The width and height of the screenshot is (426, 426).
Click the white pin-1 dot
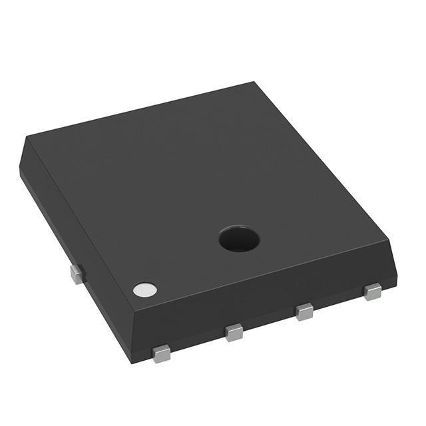click(x=144, y=289)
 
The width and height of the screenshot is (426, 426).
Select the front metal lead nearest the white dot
click(x=161, y=353)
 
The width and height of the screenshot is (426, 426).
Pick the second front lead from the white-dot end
click(x=234, y=331)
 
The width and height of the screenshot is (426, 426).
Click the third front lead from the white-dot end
click(x=304, y=311)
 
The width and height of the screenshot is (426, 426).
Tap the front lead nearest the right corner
click(x=372, y=291)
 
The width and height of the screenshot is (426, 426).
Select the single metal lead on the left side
click(x=77, y=273)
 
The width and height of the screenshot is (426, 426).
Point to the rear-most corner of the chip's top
click(x=254, y=83)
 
